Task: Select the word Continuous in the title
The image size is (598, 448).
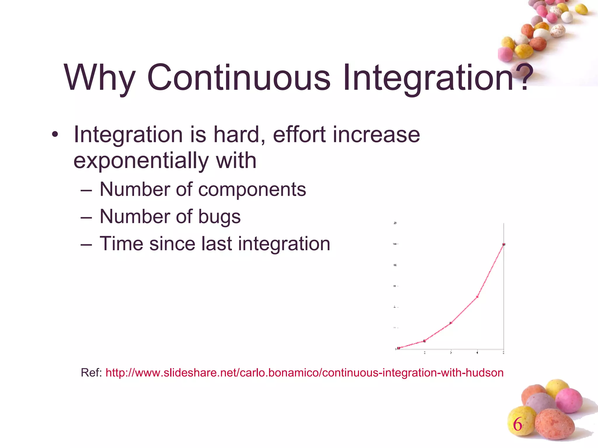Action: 239,78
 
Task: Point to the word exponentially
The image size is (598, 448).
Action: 140,161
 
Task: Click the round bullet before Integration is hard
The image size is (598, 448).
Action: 55,135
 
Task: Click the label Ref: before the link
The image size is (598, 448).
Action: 91,373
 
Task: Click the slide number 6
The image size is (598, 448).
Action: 517,424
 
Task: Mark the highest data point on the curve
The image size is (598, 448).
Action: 504,244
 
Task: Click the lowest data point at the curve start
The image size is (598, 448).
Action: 399,348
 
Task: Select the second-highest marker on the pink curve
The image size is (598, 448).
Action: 477,297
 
